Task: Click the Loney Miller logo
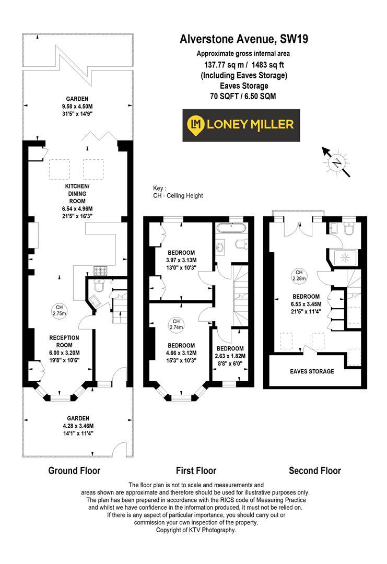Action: (241, 125)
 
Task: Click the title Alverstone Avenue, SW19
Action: (240, 39)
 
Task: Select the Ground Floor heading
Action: (74, 471)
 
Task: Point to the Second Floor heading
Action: (315, 471)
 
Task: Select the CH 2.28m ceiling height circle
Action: (299, 275)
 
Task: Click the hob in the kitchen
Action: (100, 271)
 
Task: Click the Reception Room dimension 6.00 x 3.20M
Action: (65, 353)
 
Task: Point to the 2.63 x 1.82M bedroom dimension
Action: (230, 356)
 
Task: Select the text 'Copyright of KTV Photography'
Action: (196, 530)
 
